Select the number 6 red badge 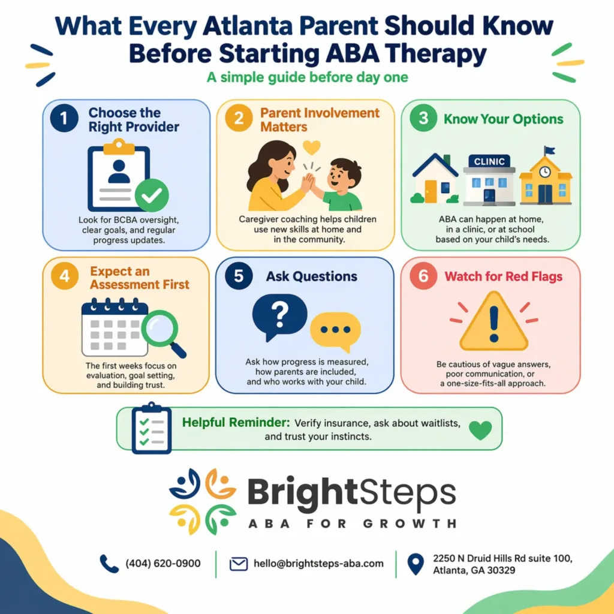[x=423, y=277]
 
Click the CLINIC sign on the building [x=489, y=161]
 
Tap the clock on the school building [x=545, y=172]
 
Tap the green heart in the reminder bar [x=480, y=429]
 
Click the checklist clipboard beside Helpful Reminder [x=152, y=429]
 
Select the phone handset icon [x=109, y=564]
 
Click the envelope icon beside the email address [x=239, y=564]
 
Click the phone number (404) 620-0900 [x=163, y=564]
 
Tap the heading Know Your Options [x=503, y=119]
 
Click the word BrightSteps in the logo [x=351, y=493]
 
